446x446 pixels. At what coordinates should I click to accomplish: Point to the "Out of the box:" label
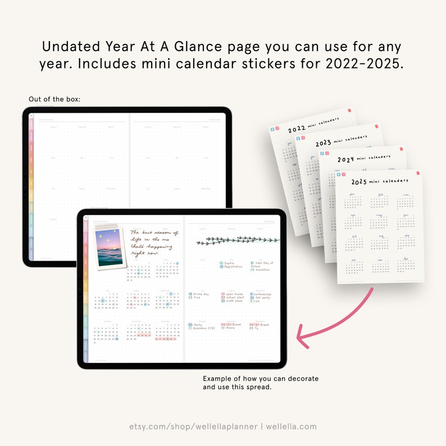pyautogui.click(x=54, y=99)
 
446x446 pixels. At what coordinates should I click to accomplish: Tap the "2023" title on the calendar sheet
pyautogui.click(x=323, y=143)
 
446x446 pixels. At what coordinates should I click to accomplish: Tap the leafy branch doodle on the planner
pyautogui.click(x=236, y=240)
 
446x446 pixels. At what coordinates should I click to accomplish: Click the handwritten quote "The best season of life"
pyautogui.click(x=153, y=242)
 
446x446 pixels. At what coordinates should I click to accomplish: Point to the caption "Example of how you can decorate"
pyautogui.click(x=261, y=379)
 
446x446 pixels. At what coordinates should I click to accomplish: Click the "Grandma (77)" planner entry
pyautogui.click(x=204, y=328)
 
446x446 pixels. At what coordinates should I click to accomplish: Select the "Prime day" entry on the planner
pyautogui.click(x=201, y=294)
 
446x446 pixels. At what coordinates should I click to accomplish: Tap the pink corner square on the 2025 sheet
pyautogui.click(x=418, y=174)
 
